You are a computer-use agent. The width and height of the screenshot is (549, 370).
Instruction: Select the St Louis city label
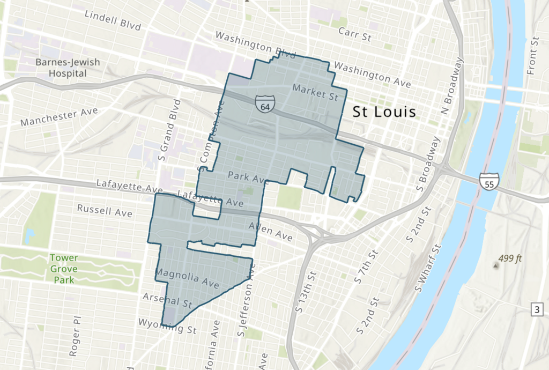point(384,113)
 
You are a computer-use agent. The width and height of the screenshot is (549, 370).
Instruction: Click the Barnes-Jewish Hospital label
point(68,68)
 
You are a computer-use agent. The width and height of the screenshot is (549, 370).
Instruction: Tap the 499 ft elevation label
point(510,258)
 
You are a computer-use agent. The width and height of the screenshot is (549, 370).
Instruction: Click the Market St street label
point(316,92)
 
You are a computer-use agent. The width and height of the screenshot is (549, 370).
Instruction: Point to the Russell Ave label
point(105,210)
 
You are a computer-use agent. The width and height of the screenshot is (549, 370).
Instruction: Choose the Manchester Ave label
point(59,117)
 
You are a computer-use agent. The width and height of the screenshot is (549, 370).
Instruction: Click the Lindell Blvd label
point(113,21)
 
